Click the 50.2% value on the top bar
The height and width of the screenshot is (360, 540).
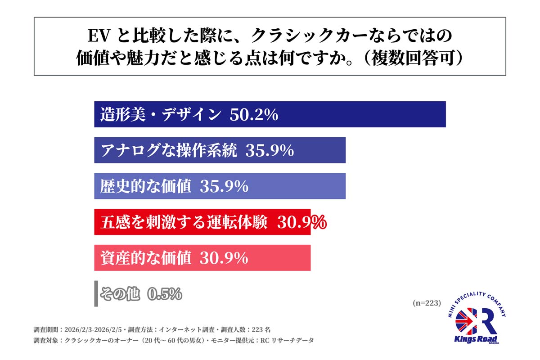tap(254, 115)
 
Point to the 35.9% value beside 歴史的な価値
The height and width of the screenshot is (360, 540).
tap(224, 186)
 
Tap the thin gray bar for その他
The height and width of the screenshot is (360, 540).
tap(96, 294)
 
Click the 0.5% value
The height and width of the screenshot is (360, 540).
tap(165, 294)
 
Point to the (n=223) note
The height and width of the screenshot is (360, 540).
tap(426, 303)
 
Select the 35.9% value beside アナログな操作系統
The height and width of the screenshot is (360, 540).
tap(270, 151)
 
